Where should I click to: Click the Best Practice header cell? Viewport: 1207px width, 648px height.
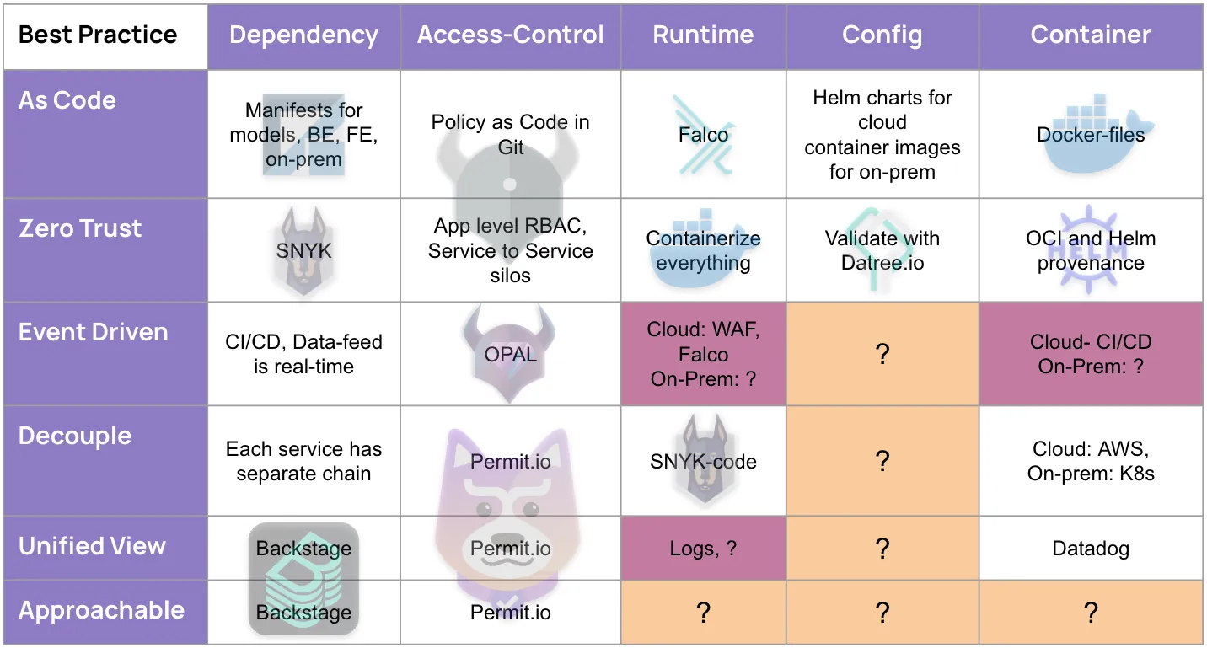click(x=98, y=35)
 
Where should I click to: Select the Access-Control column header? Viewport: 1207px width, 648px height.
click(x=511, y=35)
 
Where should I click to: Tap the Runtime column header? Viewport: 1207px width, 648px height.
click(x=703, y=35)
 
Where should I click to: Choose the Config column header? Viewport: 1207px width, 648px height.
click(x=882, y=35)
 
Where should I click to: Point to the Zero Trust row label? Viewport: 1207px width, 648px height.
click(x=81, y=228)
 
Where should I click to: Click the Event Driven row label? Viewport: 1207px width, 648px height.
click(x=94, y=332)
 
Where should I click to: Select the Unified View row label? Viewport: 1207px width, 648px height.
click(x=92, y=546)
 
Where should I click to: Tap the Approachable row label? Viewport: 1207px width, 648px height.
click(x=102, y=610)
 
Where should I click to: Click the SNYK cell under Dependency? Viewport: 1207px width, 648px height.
click(x=303, y=250)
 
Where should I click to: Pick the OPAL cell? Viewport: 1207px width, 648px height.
click(x=511, y=354)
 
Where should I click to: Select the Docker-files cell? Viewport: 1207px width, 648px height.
click(x=1091, y=135)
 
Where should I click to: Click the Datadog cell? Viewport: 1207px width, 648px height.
click(x=1091, y=549)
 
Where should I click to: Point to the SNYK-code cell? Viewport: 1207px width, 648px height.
click(x=703, y=461)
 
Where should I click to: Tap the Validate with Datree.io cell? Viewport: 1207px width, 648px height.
click(x=882, y=250)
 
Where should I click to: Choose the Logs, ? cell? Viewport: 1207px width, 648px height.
click(x=703, y=549)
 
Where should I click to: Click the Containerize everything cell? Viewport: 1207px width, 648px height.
click(x=703, y=250)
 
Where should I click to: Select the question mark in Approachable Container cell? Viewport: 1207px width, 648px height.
click(x=1091, y=613)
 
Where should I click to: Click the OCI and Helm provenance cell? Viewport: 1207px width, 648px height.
click(x=1091, y=250)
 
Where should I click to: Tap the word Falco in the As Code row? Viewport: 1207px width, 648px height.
click(x=703, y=135)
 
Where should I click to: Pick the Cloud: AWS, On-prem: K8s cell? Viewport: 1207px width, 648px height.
click(x=1091, y=461)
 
